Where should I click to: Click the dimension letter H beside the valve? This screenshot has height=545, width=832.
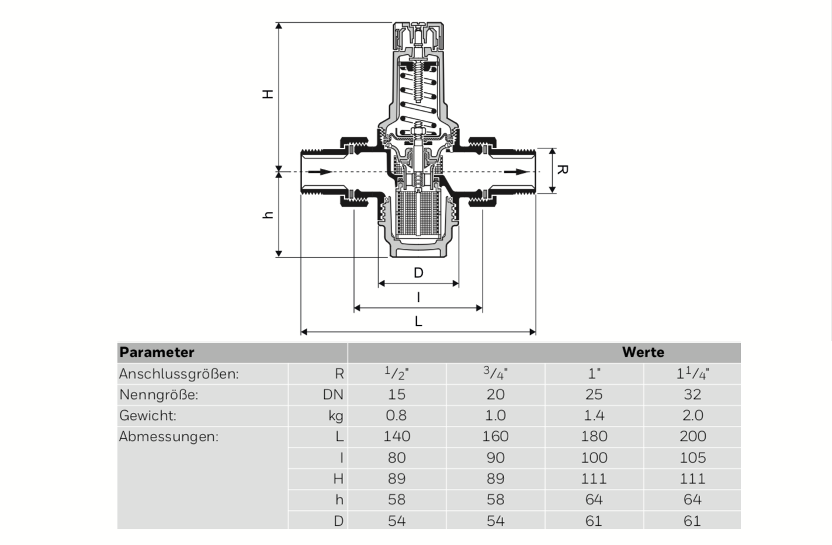click(x=268, y=94)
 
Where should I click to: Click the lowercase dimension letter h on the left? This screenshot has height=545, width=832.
click(x=268, y=215)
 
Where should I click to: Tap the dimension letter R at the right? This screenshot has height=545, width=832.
click(x=561, y=169)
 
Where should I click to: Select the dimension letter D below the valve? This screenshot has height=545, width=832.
click(x=418, y=273)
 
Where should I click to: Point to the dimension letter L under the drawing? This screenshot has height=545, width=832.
click(x=418, y=321)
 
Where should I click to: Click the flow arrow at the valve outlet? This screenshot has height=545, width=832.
click(x=515, y=172)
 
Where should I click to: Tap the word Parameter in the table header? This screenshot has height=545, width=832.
click(x=157, y=352)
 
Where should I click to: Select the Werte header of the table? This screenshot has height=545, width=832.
click(x=643, y=352)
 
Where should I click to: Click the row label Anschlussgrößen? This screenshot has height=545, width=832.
click(x=179, y=374)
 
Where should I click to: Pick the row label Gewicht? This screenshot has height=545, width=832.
click(x=148, y=416)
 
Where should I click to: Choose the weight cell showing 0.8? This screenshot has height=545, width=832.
click(x=397, y=416)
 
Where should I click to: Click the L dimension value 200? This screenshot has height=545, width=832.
click(x=692, y=436)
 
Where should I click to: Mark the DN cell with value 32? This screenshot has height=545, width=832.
click(x=692, y=395)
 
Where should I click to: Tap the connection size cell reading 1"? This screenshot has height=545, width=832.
click(x=594, y=374)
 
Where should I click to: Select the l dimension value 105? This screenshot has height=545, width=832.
click(x=692, y=458)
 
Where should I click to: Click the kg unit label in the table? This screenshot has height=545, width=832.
click(x=335, y=416)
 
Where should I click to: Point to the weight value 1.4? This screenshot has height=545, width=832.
click(x=594, y=416)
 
